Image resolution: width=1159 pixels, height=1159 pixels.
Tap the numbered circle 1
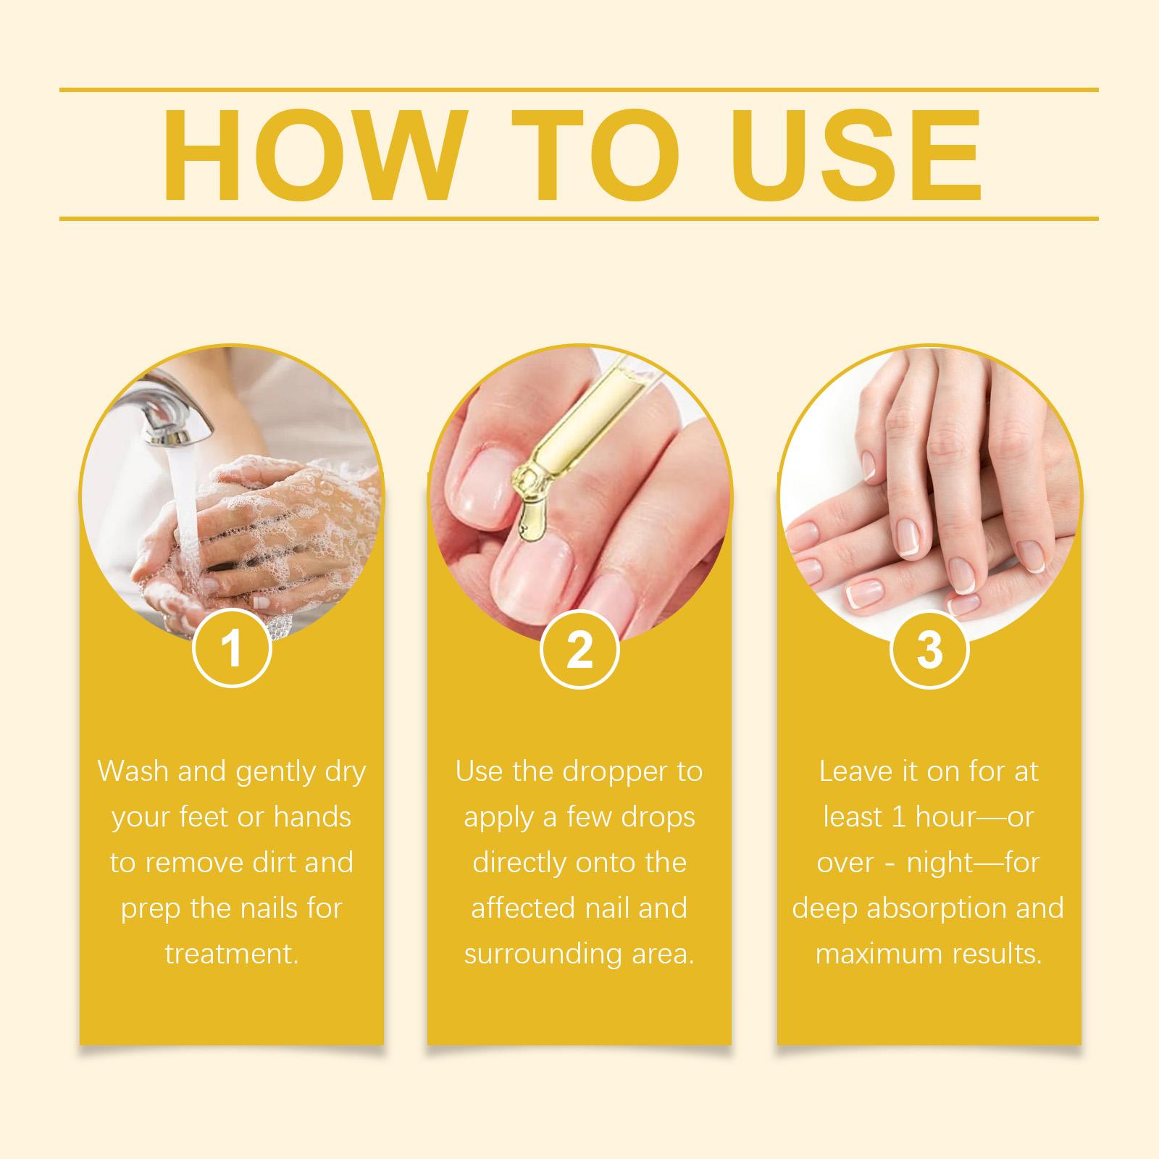click(x=232, y=649)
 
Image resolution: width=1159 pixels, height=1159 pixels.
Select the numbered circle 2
click(x=579, y=649)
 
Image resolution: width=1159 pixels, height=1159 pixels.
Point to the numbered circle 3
click(x=929, y=649)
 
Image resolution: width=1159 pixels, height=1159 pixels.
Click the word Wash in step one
click(x=134, y=771)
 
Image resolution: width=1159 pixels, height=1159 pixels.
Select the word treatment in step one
click(x=230, y=954)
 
